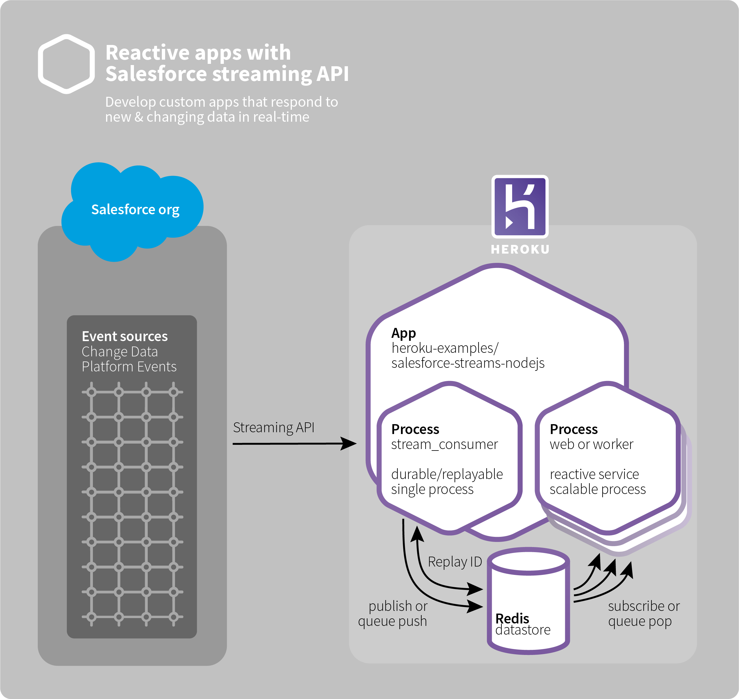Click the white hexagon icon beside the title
66,64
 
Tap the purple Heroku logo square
520,207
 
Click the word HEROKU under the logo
520,249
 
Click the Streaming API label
273,427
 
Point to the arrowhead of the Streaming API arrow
349,443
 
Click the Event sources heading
125,336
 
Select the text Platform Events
129,367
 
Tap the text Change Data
120,352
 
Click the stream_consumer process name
444,444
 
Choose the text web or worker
592,444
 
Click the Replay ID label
455,561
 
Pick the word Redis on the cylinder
512,618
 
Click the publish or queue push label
393,614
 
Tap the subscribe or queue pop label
644,614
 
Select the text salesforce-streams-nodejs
468,363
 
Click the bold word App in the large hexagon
403,333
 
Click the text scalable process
598,489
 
